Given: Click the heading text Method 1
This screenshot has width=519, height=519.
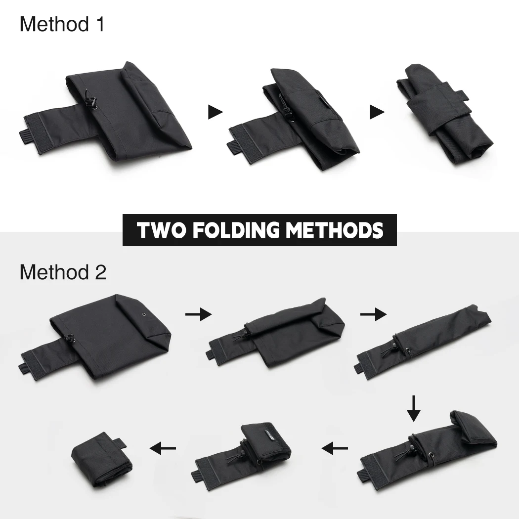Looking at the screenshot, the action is click(x=62, y=24).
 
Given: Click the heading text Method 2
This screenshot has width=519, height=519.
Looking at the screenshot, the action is click(x=63, y=272).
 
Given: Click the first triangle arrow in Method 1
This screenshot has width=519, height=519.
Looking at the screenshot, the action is click(x=216, y=112).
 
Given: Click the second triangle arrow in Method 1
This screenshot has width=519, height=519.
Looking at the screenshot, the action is click(x=377, y=112).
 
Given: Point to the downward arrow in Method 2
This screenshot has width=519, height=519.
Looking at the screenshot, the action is click(x=413, y=408).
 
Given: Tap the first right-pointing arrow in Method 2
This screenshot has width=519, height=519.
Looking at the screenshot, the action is click(x=198, y=314).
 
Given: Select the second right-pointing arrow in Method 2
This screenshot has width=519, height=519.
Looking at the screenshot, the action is click(x=373, y=314).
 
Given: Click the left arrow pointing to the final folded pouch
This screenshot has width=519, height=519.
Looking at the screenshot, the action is click(x=163, y=448).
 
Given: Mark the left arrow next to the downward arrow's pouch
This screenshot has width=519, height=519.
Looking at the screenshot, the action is click(x=334, y=448).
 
